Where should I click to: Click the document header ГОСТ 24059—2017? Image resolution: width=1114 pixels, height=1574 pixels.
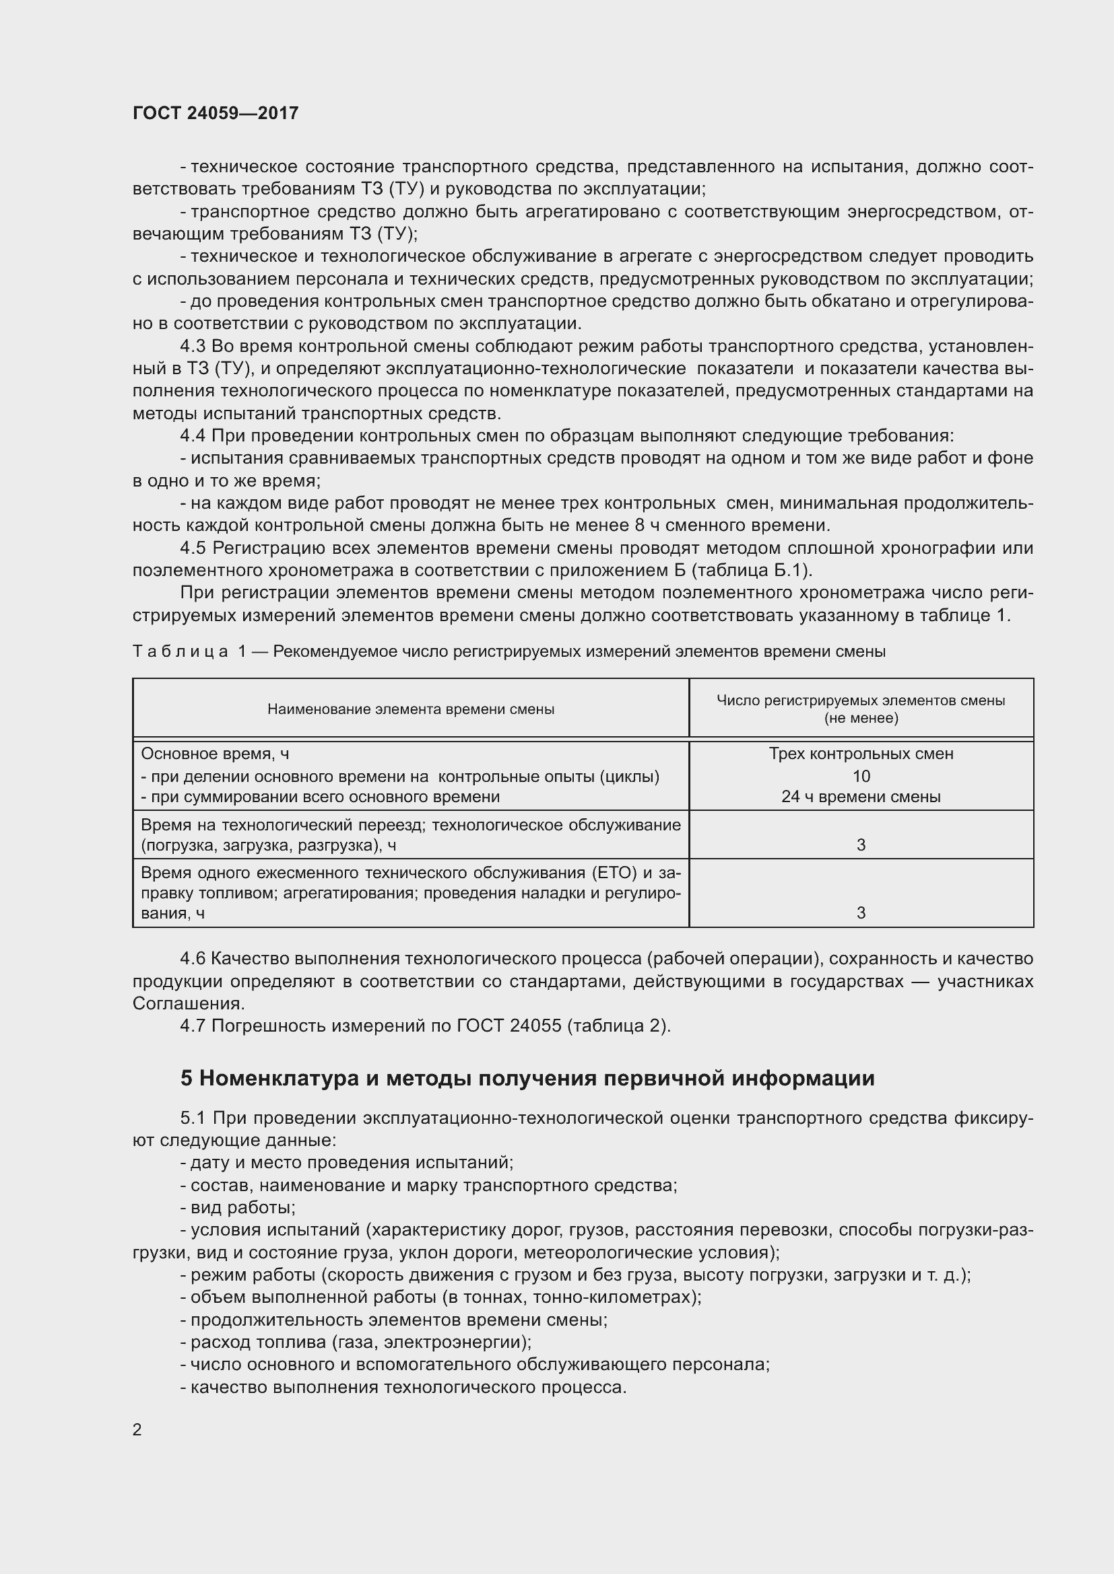pyautogui.click(x=216, y=113)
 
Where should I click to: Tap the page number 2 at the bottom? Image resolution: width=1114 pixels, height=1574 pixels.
pyautogui.click(x=137, y=1429)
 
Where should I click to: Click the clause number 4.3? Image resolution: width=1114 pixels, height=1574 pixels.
pyautogui.click(x=193, y=346)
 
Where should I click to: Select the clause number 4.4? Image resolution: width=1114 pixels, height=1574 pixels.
pyautogui.click(x=193, y=436)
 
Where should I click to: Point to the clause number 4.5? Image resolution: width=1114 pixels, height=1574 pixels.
pyautogui.click(x=193, y=548)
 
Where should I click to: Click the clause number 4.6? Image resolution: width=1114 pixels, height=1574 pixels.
pyautogui.click(x=193, y=959)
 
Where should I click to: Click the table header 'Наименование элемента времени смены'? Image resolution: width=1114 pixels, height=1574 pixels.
pyautogui.click(x=411, y=709)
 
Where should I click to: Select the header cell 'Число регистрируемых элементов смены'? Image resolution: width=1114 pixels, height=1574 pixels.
pyautogui.click(x=861, y=701)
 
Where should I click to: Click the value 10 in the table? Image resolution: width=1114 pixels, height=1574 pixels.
pyautogui.click(x=861, y=776)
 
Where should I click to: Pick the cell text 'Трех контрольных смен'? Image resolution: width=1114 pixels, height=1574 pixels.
pyautogui.click(x=861, y=754)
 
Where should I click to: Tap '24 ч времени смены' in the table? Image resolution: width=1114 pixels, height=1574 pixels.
pyautogui.click(x=861, y=797)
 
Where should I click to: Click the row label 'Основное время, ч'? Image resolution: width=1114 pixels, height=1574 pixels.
pyautogui.click(x=215, y=754)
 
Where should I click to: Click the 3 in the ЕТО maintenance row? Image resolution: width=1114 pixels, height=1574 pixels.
pyautogui.click(x=861, y=913)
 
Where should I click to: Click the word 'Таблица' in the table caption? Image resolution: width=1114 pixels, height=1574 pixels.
pyautogui.click(x=181, y=651)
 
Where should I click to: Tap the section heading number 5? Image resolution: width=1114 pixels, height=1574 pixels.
pyautogui.click(x=187, y=1078)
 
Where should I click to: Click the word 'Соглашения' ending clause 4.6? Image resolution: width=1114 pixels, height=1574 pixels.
pyautogui.click(x=187, y=1003)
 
